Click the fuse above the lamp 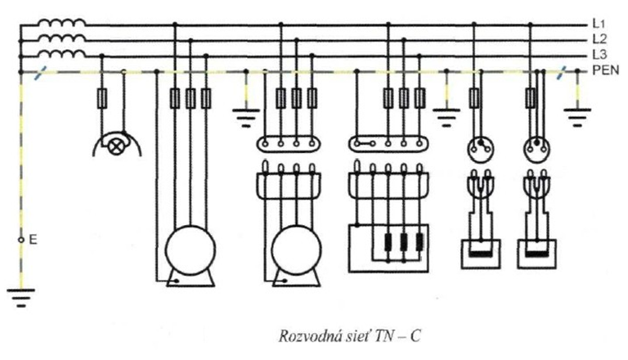point(101,99)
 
